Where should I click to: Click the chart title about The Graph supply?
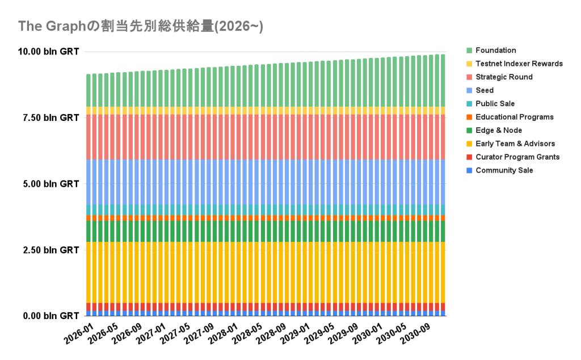(140, 26)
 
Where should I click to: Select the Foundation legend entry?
(495, 51)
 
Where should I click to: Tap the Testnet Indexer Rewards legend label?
(519, 64)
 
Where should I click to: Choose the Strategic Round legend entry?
(504, 77)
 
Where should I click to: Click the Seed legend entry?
(485, 90)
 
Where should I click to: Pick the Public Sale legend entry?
(495, 104)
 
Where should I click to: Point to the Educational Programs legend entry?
(514, 117)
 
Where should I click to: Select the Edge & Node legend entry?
(499, 131)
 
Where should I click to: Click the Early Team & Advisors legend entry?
(515, 144)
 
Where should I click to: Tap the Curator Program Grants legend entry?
(517, 157)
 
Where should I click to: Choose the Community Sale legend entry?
(504, 170)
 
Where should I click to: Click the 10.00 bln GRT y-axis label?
(48, 52)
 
